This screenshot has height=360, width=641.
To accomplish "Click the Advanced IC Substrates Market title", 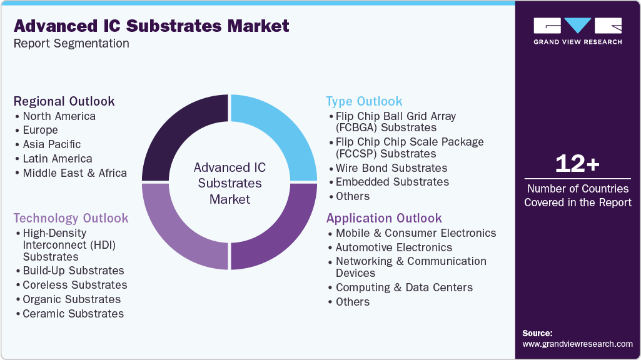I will click(x=151, y=26).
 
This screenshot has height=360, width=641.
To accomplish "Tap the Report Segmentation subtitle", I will click(x=71, y=43).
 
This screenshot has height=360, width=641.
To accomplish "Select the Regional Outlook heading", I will click(x=64, y=101).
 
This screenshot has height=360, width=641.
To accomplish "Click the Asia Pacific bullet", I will click(x=52, y=144).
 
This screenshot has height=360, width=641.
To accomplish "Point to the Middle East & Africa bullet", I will click(x=74, y=173).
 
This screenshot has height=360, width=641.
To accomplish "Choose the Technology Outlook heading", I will click(x=71, y=218).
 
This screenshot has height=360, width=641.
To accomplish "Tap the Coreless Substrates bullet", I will click(x=74, y=285).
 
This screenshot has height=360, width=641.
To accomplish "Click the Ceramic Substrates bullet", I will click(x=73, y=314).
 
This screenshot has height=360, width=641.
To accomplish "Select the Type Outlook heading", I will click(x=364, y=101).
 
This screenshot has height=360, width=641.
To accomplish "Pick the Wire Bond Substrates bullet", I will click(x=391, y=168).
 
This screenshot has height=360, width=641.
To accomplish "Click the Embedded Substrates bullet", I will click(x=392, y=182).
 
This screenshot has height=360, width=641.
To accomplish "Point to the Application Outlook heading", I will click(x=384, y=218).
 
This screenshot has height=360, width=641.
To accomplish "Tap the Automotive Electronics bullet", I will click(x=393, y=247).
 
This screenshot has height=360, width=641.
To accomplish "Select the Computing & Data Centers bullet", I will click(x=404, y=287).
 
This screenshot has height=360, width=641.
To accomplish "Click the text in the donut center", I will click(x=230, y=183).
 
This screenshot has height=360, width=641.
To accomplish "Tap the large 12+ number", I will click(x=577, y=164).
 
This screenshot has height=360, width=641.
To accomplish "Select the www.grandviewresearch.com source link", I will click(x=577, y=344).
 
